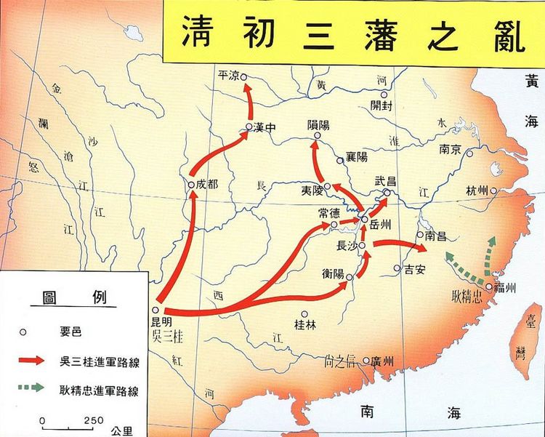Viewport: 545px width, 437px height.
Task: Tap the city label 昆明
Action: [163, 321]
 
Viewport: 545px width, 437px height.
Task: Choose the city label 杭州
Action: [477, 191]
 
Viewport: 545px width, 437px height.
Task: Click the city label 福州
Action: [504, 289]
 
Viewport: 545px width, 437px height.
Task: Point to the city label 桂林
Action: [304, 324]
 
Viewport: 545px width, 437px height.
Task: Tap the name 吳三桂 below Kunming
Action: [167, 335]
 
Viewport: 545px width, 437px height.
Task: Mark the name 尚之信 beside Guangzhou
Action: [345, 361]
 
